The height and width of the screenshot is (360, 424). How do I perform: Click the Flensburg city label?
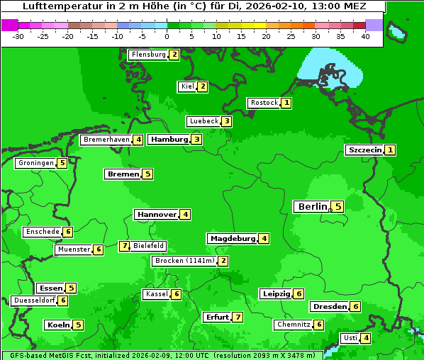[148, 55]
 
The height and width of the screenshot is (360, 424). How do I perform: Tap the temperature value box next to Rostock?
[286, 103]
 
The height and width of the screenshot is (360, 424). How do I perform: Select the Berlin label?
[311, 207]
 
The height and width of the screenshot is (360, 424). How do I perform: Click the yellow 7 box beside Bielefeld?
[125, 246]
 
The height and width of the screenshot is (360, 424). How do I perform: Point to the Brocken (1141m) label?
[184, 261]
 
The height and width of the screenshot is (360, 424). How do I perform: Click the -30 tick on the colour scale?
[18, 36]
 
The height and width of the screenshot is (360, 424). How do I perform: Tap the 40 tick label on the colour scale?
[365, 36]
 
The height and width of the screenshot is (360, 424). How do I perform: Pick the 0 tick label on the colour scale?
[167, 36]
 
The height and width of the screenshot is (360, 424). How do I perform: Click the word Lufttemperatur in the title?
[55, 6]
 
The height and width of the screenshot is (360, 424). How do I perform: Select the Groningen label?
[35, 163]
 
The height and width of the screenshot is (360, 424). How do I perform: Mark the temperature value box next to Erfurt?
[238, 317]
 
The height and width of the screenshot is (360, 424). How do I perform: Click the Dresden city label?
[329, 307]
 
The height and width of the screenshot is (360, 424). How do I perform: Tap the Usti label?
[350, 338]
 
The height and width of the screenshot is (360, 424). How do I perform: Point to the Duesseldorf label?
[34, 300]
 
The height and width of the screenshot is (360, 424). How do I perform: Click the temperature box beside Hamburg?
[196, 140]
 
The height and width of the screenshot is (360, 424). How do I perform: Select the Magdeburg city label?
[232, 239]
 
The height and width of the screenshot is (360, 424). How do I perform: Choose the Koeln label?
[57, 325]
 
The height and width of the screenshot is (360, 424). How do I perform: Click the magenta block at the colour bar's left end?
[9, 25]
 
